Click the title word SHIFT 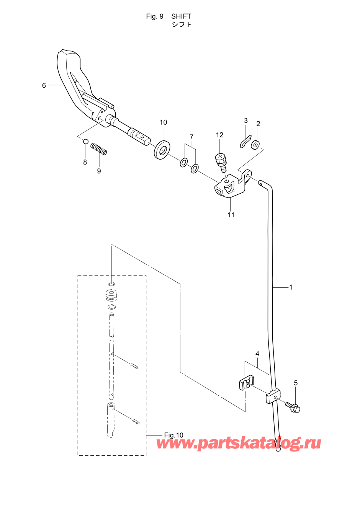[181, 16]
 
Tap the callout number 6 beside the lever [44, 85]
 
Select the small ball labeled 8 [86, 142]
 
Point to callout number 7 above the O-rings [191, 137]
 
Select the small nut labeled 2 [255, 145]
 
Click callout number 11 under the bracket [231, 215]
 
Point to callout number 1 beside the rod [291, 287]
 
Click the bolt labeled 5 [294, 407]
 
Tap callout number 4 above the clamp [257, 354]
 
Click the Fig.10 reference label [173, 435]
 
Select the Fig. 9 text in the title [155, 16]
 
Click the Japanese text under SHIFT [182, 24]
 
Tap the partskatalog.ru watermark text [239, 443]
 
